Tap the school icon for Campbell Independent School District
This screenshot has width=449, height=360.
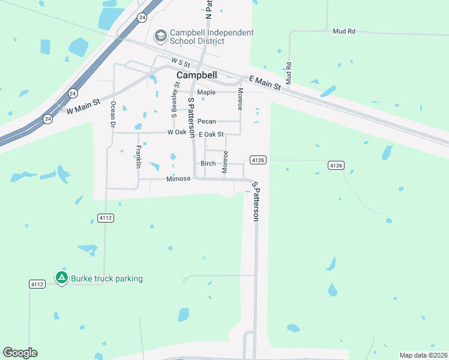(160, 37)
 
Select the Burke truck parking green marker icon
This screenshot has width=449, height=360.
(61, 278)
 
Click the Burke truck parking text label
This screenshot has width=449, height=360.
(107, 278)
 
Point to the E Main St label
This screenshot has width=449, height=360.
(265, 82)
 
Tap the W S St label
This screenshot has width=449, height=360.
(180, 62)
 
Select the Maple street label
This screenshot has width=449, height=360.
(206, 92)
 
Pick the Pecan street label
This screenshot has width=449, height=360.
(206, 121)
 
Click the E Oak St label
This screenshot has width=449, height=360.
(211, 134)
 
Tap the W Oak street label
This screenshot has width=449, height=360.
(176, 132)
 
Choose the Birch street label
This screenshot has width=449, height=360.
(208, 163)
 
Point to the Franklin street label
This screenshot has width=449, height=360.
(139, 157)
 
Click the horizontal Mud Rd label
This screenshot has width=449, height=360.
(344, 31)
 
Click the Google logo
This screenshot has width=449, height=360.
(20, 353)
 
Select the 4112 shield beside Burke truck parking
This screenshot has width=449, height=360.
(37, 284)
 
